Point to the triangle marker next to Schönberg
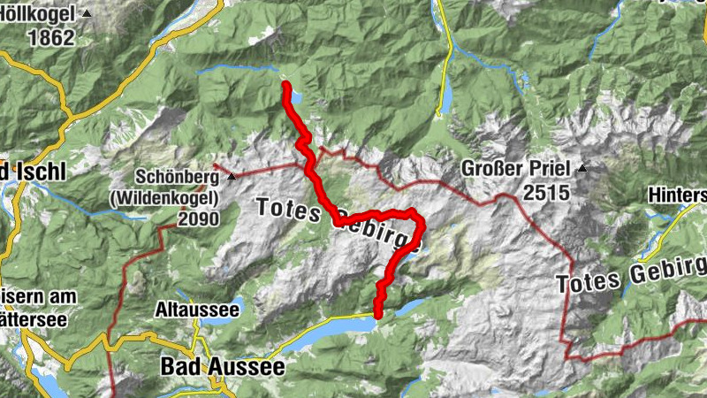point(232,177)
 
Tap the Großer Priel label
point(517,169)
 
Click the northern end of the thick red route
point(286,85)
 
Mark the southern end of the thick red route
point(377,316)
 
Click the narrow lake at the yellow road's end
point(446,93)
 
